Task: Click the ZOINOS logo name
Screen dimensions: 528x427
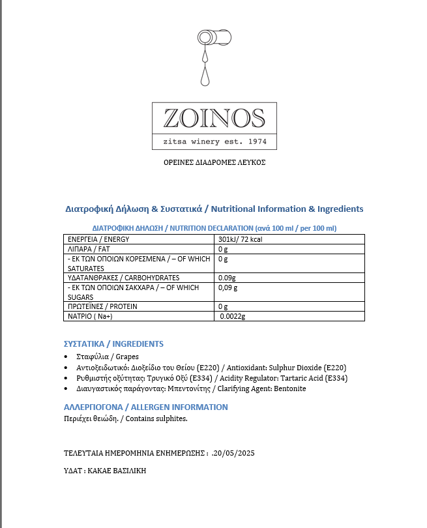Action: pyautogui.click(x=214, y=118)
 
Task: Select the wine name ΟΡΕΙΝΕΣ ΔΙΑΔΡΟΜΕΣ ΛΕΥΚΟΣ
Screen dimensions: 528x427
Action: pyautogui.click(x=214, y=162)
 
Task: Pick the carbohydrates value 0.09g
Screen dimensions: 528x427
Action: pyautogui.click(x=228, y=278)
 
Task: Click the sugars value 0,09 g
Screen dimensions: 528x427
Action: pyautogui.click(x=228, y=287)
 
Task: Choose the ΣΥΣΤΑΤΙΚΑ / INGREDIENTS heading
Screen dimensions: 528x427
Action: pyautogui.click(x=113, y=344)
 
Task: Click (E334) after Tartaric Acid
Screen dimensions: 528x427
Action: pyautogui.click(x=336, y=378)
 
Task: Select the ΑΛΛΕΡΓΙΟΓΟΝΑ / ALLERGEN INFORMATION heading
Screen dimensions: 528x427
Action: pyautogui.click(x=145, y=407)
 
